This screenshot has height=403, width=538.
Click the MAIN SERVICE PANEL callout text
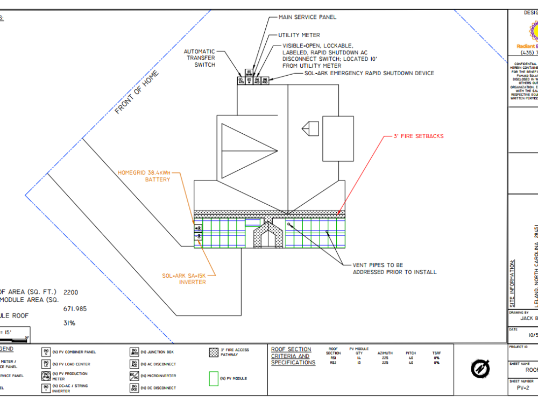(307, 17)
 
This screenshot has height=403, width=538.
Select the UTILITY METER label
(299, 35)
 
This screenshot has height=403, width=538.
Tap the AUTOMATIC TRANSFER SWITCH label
(200, 58)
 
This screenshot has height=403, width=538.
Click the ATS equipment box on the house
(241, 81)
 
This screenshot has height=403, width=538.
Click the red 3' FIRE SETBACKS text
(419, 136)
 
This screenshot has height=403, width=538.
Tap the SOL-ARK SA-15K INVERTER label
(184, 279)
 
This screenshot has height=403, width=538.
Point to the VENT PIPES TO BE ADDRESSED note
(394, 269)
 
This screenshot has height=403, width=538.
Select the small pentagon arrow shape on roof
(310, 128)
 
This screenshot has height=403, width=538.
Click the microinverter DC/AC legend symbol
(134, 376)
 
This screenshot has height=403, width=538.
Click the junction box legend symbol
(134, 352)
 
